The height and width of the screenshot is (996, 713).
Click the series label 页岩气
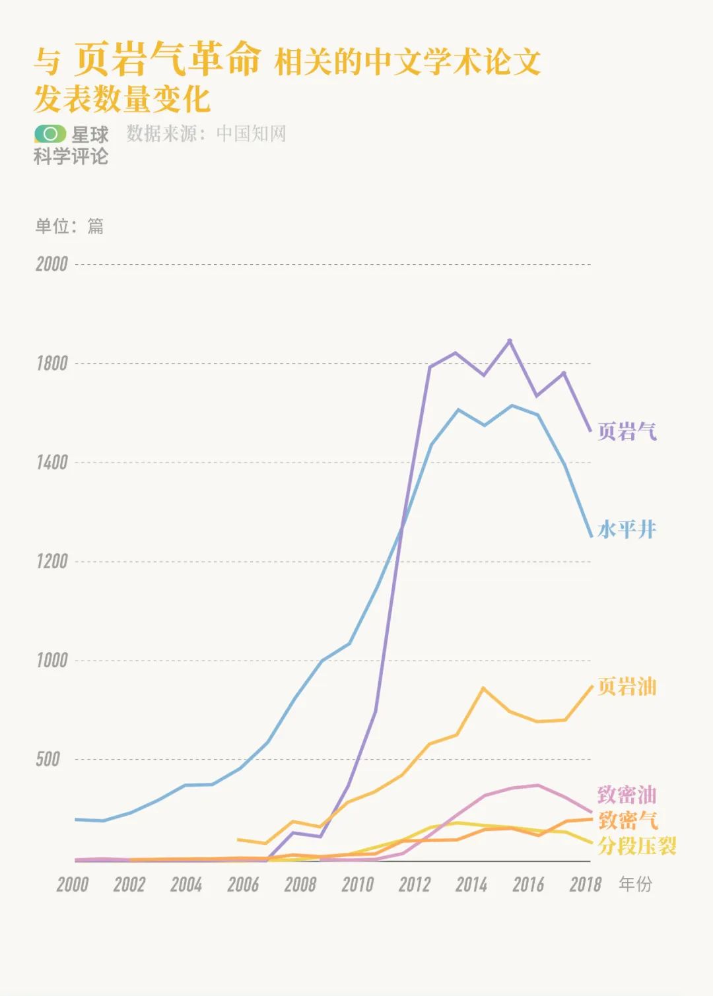[627, 431]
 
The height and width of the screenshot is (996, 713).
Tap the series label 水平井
[627, 529]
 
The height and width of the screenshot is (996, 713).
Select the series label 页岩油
[627, 686]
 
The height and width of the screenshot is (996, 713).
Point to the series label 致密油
[627, 794]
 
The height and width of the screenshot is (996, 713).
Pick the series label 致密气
[628, 820]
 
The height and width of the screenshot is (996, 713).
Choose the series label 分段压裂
[637, 846]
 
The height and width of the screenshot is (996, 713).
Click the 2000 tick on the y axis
[51, 264]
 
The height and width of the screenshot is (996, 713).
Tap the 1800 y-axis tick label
[51, 363]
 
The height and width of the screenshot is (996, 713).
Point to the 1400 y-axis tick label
[51, 462]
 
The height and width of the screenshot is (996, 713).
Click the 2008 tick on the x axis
[300, 884]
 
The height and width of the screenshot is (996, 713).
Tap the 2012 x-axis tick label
[415, 884]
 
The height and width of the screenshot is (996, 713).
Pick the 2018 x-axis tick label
[586, 884]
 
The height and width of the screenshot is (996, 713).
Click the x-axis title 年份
[635, 884]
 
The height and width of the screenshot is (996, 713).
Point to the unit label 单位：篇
[69, 226]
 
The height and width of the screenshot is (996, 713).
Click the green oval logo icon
[50, 134]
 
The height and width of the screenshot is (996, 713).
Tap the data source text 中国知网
[252, 133]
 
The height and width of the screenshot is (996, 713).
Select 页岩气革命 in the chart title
[168, 59]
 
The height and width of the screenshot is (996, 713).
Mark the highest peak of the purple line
[509, 341]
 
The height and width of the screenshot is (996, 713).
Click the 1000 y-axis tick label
[51, 660]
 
